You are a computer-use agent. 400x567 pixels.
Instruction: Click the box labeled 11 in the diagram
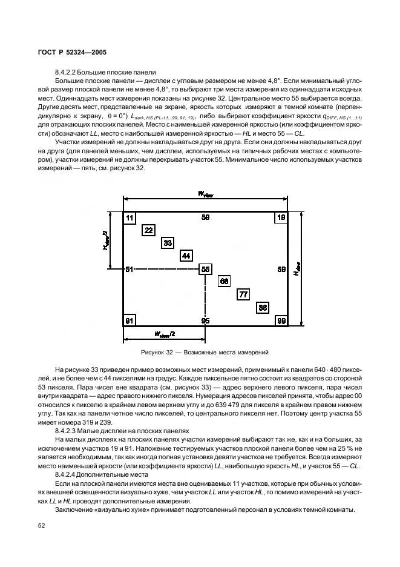click(130, 217)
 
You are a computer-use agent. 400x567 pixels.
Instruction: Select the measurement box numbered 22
click(149, 230)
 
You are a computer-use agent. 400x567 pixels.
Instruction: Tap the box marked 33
click(168, 242)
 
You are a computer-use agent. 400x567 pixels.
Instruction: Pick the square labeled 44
click(186, 256)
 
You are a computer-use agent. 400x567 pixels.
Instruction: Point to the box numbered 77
click(243, 294)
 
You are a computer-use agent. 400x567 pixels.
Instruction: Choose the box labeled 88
click(263, 307)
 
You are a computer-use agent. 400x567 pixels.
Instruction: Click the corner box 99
click(281, 320)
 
